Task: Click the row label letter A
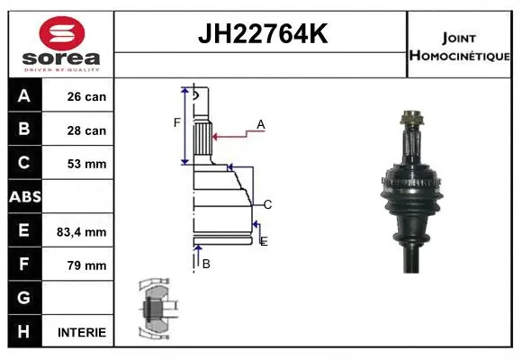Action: [23, 96]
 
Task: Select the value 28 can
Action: [86, 130]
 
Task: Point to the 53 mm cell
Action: [86, 164]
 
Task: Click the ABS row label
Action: [23, 197]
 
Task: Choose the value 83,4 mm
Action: [82, 231]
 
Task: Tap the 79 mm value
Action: [86, 265]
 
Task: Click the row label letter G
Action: [23, 298]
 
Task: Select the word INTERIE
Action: [82, 332]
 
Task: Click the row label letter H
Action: [23, 331]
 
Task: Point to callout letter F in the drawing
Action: [177, 122]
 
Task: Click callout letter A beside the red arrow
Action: [261, 124]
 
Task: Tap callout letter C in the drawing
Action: [267, 204]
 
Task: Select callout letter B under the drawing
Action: [206, 264]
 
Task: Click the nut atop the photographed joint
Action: [411, 118]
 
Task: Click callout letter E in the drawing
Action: [263, 241]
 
